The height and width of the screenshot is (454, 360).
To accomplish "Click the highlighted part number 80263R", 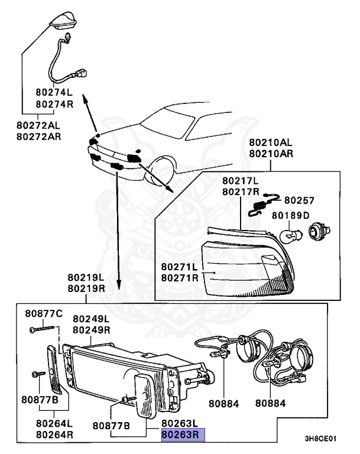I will click(183, 436).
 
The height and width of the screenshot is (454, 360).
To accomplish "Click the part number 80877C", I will click(43, 313).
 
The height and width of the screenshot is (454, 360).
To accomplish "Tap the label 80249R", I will click(92, 330).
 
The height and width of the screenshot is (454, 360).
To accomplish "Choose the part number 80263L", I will click(183, 424).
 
